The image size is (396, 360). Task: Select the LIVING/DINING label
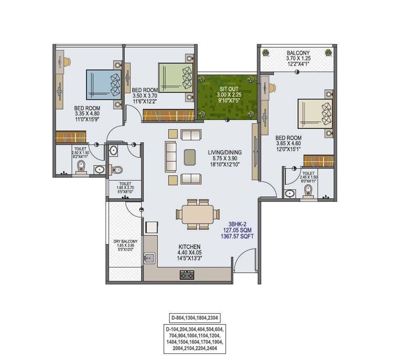tap(224, 152)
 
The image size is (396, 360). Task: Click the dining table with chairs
tap(197, 214)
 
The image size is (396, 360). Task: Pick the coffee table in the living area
tap(190, 157)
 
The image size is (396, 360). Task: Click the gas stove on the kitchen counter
tap(186, 275)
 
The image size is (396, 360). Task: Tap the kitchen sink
tap(150, 257)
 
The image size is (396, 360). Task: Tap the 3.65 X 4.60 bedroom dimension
tap(288, 143)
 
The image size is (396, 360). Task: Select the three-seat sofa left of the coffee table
tap(170, 157)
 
